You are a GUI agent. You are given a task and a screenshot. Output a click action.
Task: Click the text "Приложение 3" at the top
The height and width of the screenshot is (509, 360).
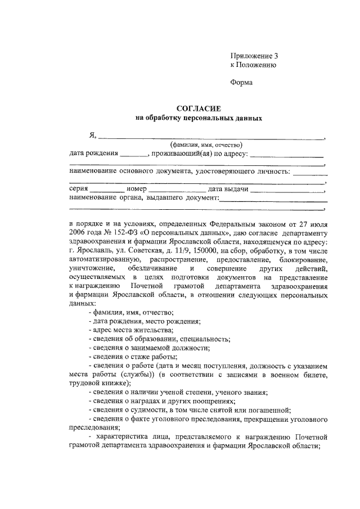254,56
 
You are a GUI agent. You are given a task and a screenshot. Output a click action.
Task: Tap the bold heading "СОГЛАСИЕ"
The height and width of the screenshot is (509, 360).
199,109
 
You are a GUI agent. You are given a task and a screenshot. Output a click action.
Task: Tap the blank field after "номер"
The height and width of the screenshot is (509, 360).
174,190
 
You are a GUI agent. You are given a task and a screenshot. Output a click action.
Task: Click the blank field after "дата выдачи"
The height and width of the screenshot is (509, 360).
287,190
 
